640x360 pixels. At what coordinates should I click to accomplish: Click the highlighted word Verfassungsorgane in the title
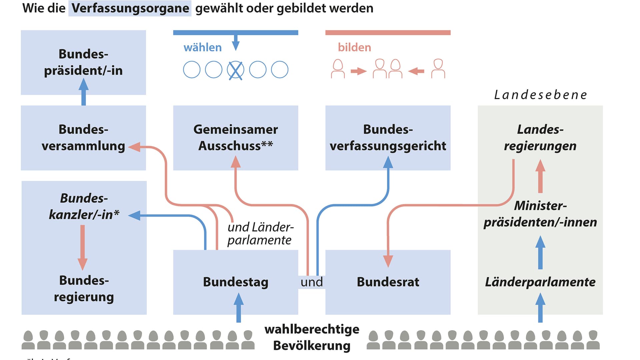pos(130,8)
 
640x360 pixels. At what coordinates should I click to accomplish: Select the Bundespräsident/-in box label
pos(83,62)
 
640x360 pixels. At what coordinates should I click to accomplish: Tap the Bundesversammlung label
pos(83,138)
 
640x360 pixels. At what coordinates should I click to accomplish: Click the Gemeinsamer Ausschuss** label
pos(236,138)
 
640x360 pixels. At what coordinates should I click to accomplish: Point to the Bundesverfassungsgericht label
pos(388,138)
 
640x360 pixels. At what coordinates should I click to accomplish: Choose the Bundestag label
pos(236,282)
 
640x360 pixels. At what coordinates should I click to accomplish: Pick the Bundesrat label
pos(388,282)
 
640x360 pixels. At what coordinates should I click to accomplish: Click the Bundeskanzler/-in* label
pos(84,207)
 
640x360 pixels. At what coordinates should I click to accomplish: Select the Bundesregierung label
pos(84,289)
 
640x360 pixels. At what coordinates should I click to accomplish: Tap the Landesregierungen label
pos(540,138)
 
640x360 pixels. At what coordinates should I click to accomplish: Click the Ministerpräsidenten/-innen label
pos(540,214)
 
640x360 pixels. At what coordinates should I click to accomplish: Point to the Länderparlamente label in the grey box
pos(540,282)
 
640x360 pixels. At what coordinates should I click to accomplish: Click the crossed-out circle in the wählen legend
pos(236,70)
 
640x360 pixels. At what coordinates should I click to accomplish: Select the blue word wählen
pos(203,48)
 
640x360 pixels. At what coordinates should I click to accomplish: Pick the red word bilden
pos(354,48)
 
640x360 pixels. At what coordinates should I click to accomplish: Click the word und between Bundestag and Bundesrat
pos(312,282)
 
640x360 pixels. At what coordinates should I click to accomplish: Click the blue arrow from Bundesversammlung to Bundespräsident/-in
pos(83,92)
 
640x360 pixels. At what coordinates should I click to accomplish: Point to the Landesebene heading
pos(540,95)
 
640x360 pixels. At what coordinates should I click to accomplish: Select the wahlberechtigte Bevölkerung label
pos(312,337)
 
